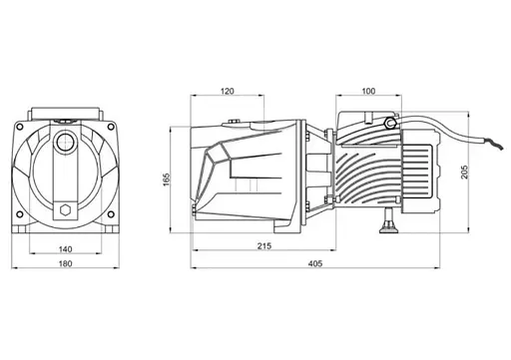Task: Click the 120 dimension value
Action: [228, 91]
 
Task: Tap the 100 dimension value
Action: [368, 91]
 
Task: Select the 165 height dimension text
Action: [167, 180]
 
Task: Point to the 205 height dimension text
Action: [464, 172]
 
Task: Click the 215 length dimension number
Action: [264, 245]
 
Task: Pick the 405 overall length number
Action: [315, 263]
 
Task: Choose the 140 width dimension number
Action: [65, 249]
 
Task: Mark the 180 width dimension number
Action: [65, 263]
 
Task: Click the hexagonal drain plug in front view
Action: [65, 210]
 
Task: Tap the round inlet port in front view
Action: [65, 143]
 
